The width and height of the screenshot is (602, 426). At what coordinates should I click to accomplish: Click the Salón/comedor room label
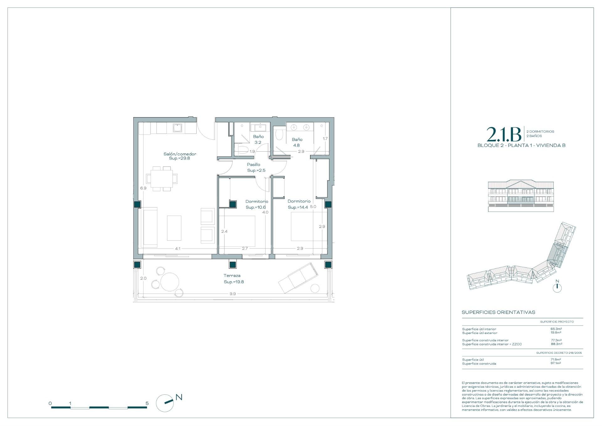(180, 154)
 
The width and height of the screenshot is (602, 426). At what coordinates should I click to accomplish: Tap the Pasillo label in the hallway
(253, 164)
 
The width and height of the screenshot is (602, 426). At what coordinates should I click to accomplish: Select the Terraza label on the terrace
(232, 276)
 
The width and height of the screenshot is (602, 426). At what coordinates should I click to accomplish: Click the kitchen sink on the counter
(178, 128)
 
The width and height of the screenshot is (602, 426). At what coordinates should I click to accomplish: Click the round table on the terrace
(170, 282)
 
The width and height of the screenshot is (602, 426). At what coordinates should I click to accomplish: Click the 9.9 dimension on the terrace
(232, 294)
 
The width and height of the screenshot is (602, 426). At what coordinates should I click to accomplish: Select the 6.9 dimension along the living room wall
(143, 188)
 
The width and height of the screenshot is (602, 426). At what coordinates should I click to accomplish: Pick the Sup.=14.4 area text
(298, 208)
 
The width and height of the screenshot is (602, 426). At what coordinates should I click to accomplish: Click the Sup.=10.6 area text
(256, 208)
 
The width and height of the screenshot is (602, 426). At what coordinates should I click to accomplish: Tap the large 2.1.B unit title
(504, 134)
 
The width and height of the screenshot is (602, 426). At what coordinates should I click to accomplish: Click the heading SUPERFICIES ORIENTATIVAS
(498, 312)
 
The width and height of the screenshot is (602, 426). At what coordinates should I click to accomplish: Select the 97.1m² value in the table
(556, 363)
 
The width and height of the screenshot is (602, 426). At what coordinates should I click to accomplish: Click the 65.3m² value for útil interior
(556, 329)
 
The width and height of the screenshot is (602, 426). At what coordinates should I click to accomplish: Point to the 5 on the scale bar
(147, 403)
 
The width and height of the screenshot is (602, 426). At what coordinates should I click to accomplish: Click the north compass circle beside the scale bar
(165, 403)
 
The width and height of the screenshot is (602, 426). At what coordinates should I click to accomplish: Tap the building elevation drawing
(521, 196)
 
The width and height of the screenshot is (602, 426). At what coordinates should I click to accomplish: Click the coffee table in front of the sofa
(174, 228)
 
